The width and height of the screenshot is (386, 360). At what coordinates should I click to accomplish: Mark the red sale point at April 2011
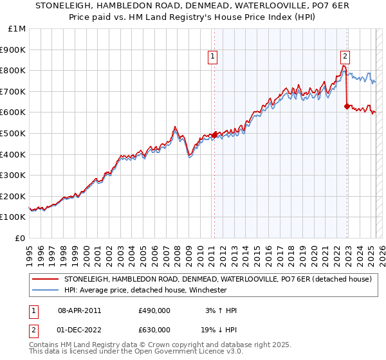point(214,135)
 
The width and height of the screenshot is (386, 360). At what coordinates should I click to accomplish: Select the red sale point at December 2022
point(347,106)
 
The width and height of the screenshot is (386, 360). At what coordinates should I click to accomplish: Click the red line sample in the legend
point(45,280)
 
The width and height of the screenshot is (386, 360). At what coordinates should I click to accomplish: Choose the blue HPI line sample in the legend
point(45,290)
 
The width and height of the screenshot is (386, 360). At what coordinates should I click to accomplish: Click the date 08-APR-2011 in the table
point(79,310)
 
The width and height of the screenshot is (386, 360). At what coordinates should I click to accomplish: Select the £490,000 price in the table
point(154,310)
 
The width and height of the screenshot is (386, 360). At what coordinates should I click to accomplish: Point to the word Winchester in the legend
point(206,290)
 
